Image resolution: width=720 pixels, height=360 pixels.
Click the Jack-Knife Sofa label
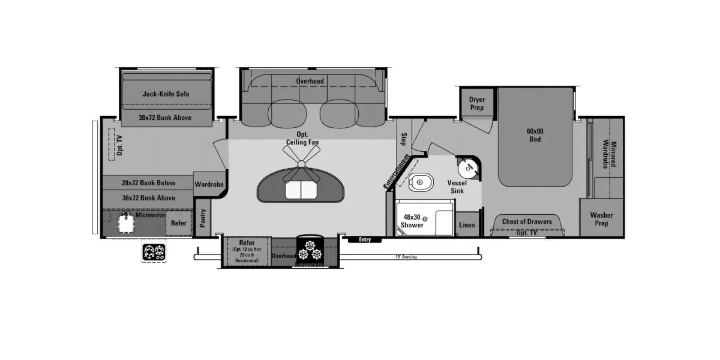click(x=166, y=94)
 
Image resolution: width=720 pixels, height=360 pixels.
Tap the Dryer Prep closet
click(x=477, y=104)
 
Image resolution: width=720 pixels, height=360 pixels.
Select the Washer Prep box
click(x=601, y=219)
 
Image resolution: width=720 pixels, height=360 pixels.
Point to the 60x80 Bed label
click(x=535, y=135)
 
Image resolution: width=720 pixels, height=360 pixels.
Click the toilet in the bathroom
click(x=420, y=183)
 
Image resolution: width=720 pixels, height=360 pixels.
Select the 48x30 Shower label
click(x=412, y=221)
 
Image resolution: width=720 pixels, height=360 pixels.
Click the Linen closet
click(x=467, y=225)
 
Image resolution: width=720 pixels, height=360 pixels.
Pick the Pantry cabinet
click(x=202, y=218)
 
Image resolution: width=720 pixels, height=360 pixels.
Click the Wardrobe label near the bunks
click(x=209, y=184)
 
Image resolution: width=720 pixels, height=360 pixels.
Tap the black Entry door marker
click(x=364, y=240)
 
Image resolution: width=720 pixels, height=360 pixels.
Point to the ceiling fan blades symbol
click(x=301, y=162)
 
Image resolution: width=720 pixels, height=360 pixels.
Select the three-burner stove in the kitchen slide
click(x=310, y=250)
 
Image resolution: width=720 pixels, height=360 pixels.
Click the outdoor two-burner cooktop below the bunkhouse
click(x=154, y=252)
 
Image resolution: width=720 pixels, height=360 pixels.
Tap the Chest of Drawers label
click(x=526, y=221)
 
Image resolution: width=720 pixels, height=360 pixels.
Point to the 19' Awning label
click(x=406, y=257)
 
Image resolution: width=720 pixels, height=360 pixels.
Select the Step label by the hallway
click(x=404, y=139)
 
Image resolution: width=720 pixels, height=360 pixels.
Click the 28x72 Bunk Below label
click(x=148, y=183)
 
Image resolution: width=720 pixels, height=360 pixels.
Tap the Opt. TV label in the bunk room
click(x=119, y=145)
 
